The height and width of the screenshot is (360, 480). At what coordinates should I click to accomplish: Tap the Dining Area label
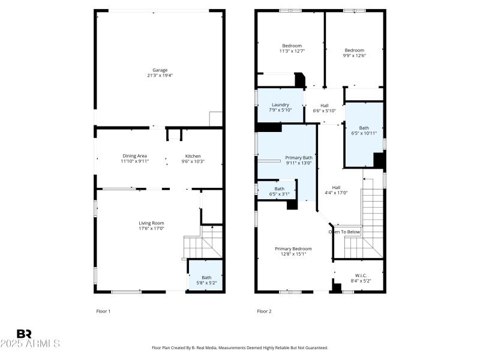tap(135, 155)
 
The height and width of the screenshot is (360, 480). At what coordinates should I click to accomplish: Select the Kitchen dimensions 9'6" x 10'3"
tap(193, 161)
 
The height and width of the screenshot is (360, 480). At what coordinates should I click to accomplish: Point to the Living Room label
tap(151, 223)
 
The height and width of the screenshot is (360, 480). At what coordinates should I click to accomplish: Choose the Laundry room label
tap(280, 104)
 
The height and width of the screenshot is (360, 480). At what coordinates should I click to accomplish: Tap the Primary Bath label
tap(299, 157)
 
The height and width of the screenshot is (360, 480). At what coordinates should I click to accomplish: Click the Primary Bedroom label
tap(293, 248)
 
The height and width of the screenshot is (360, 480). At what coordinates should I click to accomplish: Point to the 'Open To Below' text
tap(344, 232)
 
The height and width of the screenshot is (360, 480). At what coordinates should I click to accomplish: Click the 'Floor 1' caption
tap(104, 311)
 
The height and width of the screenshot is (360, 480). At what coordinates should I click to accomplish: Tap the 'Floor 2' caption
tap(264, 311)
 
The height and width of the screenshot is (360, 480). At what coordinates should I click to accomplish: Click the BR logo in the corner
tap(24, 333)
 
